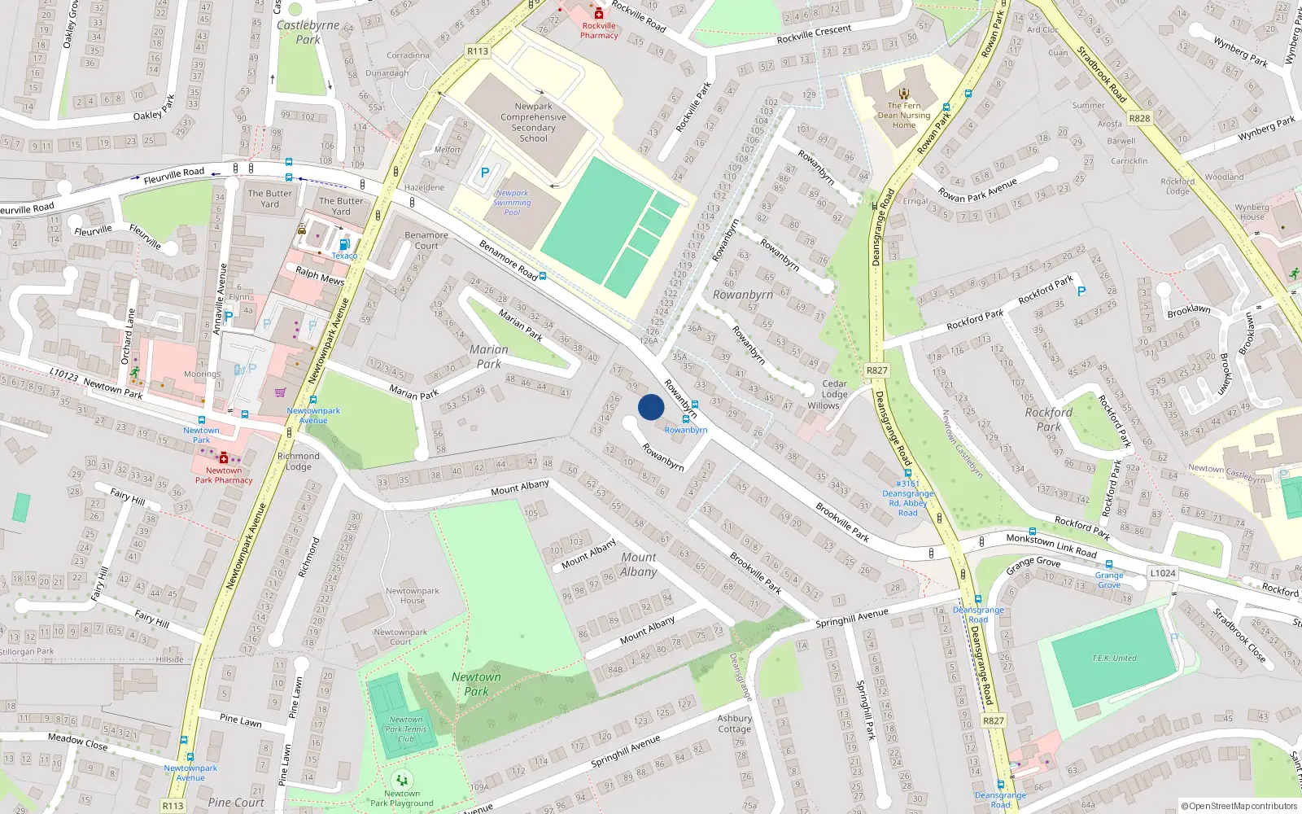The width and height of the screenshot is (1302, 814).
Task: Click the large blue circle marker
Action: click(x=651, y=407)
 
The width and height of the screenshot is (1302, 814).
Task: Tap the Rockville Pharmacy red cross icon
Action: click(x=599, y=13)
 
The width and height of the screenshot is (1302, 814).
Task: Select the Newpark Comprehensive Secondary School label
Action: click(x=534, y=122)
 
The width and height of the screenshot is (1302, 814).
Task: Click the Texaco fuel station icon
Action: click(x=344, y=244)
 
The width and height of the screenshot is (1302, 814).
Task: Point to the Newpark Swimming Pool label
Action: click(x=512, y=203)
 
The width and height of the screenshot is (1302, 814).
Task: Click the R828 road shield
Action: click(x=1139, y=118)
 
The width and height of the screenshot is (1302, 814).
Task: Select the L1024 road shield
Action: click(x=1162, y=573)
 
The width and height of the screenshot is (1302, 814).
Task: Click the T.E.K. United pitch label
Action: click(x=1114, y=658)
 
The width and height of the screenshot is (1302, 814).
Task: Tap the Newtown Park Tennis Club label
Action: click(x=406, y=729)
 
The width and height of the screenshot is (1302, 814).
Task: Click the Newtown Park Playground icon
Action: click(x=402, y=781)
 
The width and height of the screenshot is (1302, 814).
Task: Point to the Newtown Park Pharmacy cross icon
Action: click(x=224, y=458)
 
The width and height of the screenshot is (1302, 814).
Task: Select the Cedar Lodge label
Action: click(x=834, y=388)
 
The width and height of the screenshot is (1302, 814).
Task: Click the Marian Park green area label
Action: click(x=488, y=357)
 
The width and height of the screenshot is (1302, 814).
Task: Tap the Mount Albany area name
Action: click(x=639, y=564)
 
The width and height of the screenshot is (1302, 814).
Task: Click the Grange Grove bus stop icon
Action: click(x=1108, y=564)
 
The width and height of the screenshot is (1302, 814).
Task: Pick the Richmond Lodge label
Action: click(x=298, y=462)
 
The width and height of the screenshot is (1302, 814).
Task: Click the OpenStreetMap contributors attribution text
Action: click(x=1239, y=806)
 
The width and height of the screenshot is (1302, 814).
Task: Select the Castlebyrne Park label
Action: click(x=308, y=32)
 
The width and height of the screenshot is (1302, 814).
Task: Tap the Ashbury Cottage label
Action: click(x=734, y=724)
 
